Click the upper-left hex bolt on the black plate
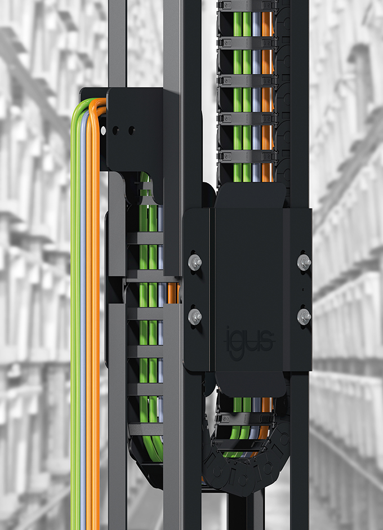point(195,262)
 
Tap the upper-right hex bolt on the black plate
point(304,262)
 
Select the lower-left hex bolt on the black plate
point(195,317)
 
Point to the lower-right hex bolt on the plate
point(304,317)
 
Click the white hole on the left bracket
point(104,130)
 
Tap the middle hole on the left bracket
point(115,130)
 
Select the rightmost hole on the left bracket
point(131,130)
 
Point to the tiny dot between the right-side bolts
point(302,290)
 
